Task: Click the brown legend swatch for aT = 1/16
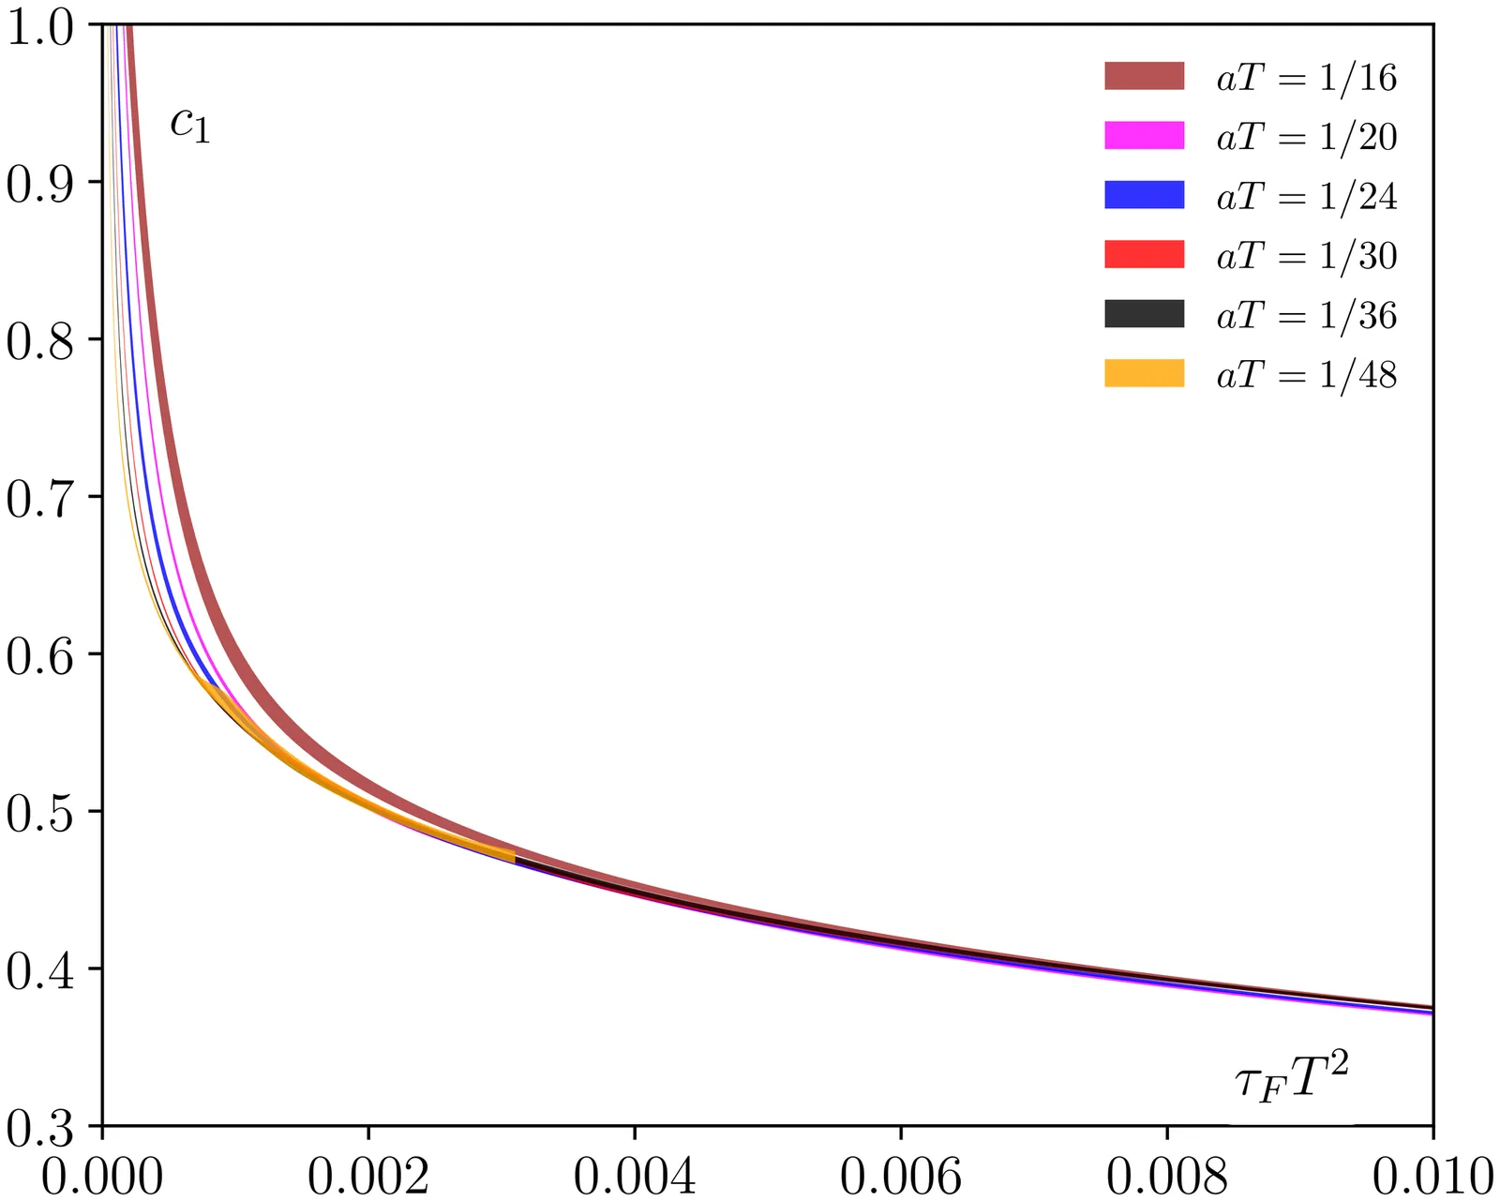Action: click(x=1144, y=76)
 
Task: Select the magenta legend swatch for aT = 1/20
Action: click(x=1144, y=136)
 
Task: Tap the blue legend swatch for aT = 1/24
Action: click(x=1144, y=195)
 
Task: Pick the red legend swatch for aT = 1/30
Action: click(x=1144, y=255)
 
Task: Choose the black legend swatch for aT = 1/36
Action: click(x=1144, y=314)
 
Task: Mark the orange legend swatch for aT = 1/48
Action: click(x=1144, y=374)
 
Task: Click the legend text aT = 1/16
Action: click(x=1307, y=77)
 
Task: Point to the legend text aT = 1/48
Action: click(x=1307, y=375)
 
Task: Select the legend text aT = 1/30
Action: click(x=1307, y=256)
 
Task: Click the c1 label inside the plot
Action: click(x=190, y=125)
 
